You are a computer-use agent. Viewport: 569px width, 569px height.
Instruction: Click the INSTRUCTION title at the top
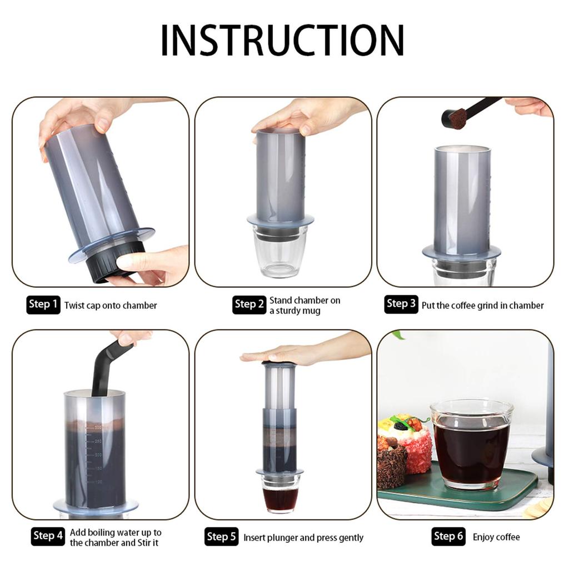tap(282, 40)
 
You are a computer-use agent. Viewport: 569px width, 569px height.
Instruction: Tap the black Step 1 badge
tap(43, 304)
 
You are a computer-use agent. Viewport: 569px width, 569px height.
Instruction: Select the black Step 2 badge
tap(249, 304)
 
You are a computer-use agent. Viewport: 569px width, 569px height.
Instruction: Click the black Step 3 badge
tap(401, 304)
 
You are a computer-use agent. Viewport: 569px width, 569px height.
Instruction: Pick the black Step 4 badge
tap(48, 536)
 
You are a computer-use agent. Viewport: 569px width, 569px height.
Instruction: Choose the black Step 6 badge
tap(448, 536)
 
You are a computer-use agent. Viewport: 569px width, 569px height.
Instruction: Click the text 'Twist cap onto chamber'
tap(111, 305)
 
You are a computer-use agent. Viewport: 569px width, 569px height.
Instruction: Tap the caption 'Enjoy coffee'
tap(496, 537)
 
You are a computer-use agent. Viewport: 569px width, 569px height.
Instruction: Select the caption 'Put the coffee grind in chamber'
tap(482, 305)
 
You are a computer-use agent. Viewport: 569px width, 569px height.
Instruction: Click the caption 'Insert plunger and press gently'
tap(303, 537)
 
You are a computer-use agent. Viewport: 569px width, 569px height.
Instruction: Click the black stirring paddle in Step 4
tap(111, 367)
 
